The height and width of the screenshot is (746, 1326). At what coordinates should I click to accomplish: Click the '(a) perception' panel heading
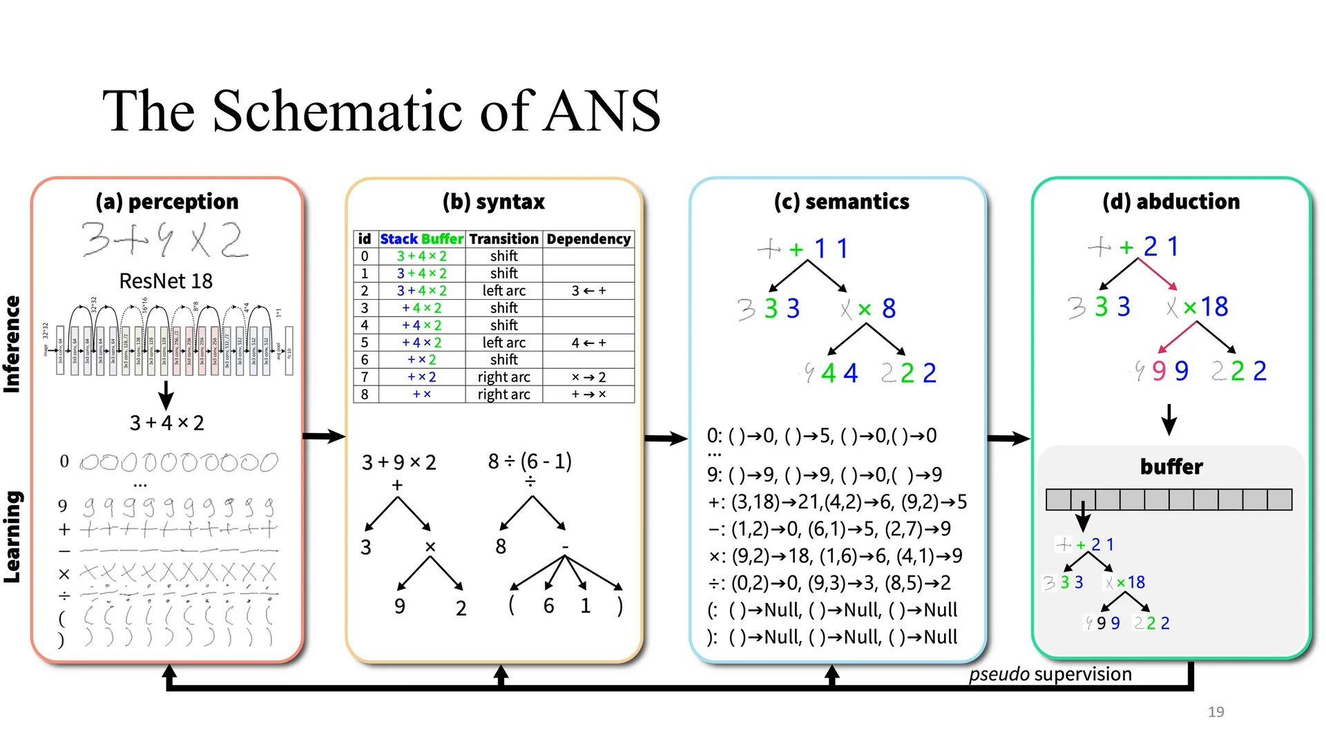[x=167, y=202]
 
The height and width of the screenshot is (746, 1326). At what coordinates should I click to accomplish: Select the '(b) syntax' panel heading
[x=494, y=202]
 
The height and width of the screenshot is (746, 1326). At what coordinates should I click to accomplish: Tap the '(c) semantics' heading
[x=841, y=202]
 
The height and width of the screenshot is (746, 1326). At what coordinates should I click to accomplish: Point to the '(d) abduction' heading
[x=1171, y=202]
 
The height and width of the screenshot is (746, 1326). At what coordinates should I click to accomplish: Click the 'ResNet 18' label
[x=166, y=281]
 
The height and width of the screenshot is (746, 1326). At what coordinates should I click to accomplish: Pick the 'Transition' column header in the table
[x=503, y=239]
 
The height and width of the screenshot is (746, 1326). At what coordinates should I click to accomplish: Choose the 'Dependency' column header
[x=588, y=239]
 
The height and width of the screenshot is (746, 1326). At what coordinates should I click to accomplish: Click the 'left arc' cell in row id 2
[x=503, y=291]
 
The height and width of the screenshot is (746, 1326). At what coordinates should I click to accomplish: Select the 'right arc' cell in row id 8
[x=503, y=394]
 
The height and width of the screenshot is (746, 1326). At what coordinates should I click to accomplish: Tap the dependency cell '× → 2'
[x=588, y=377]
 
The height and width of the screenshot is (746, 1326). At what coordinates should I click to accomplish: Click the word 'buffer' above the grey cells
[x=1171, y=467]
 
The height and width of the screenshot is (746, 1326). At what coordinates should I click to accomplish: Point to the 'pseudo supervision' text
[x=1050, y=674]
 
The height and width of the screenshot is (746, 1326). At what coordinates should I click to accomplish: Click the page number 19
[x=1215, y=712]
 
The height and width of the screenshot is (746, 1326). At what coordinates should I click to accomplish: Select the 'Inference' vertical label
[x=12, y=344]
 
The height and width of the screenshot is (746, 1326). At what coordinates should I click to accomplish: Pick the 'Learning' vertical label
[x=12, y=537]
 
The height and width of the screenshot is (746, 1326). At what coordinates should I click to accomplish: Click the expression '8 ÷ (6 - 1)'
[x=530, y=461]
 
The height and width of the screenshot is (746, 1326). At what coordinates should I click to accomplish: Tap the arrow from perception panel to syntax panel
[x=323, y=436]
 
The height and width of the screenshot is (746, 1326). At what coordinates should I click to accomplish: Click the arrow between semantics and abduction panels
[x=1008, y=439]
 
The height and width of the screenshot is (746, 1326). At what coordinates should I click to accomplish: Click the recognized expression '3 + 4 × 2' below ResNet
[x=166, y=423]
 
